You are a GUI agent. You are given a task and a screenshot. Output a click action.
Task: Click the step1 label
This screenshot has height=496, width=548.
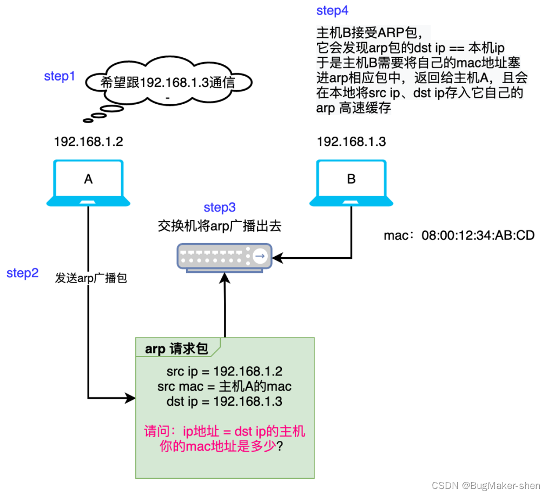[x=60, y=77]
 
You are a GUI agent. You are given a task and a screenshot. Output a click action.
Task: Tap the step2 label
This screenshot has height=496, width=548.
[x=22, y=273]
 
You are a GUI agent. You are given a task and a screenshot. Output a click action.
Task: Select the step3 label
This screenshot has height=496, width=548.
[x=220, y=207]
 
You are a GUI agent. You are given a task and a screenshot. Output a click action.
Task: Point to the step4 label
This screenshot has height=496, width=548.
[x=332, y=11]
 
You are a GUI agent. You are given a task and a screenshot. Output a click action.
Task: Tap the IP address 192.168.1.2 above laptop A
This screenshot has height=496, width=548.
[x=88, y=142]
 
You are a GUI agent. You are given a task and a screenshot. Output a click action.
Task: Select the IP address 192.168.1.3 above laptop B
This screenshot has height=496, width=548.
[x=351, y=142]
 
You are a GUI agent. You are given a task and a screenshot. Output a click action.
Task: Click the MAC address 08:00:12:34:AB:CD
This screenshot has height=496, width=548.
[x=459, y=236]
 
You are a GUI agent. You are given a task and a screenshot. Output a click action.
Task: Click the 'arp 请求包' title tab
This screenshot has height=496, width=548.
[x=176, y=348]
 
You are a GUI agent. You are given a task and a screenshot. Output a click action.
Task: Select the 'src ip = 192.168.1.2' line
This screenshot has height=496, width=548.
[x=225, y=372]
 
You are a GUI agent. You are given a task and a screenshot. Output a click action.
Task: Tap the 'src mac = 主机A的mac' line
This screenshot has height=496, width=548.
[x=225, y=387]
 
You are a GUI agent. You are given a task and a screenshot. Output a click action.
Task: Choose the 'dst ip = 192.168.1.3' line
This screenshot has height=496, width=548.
[x=225, y=402]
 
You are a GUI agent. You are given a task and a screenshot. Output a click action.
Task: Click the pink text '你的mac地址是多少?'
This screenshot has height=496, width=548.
[x=225, y=447]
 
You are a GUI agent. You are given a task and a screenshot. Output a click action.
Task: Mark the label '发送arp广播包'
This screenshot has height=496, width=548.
[x=91, y=279]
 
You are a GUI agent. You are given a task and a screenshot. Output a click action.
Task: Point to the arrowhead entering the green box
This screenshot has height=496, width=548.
[x=130, y=399]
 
